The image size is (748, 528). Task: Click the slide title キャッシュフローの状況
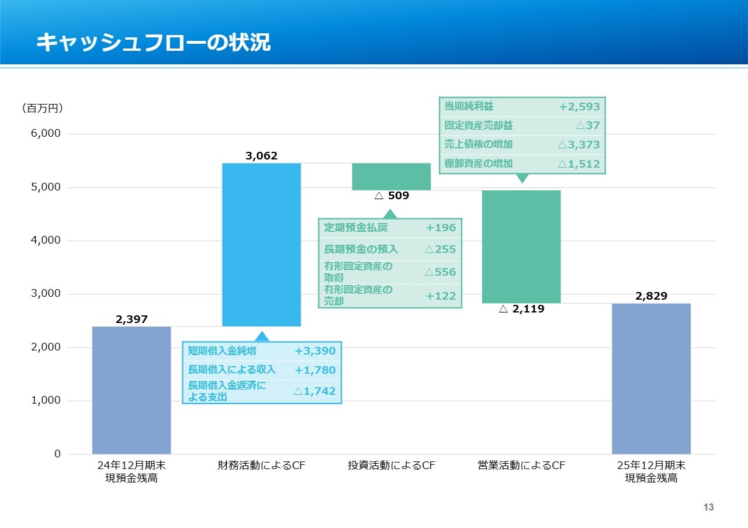[153, 43]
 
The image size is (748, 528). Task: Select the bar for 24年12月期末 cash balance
[131, 390]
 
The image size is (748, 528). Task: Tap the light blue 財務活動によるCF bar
[261, 244]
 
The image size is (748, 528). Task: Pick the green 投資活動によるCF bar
[391, 176]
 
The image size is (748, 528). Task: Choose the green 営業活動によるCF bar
[521, 246]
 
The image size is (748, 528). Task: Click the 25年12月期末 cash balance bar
[651, 378]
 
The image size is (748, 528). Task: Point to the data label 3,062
[261, 156]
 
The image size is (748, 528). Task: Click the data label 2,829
[651, 296]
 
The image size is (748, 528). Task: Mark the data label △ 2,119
[521, 310]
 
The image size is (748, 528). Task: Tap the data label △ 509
[392, 196]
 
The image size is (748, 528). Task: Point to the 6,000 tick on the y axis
[46, 134]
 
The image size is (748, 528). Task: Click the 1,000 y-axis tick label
[46, 401]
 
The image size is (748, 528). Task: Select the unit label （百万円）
[42, 109]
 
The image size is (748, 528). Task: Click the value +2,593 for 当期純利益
[579, 107]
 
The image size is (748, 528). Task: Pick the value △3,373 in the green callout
[579, 145]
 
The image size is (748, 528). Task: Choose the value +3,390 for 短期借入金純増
[315, 351]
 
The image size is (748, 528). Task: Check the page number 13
[708, 508]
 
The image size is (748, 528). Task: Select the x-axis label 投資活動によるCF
[392, 466]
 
